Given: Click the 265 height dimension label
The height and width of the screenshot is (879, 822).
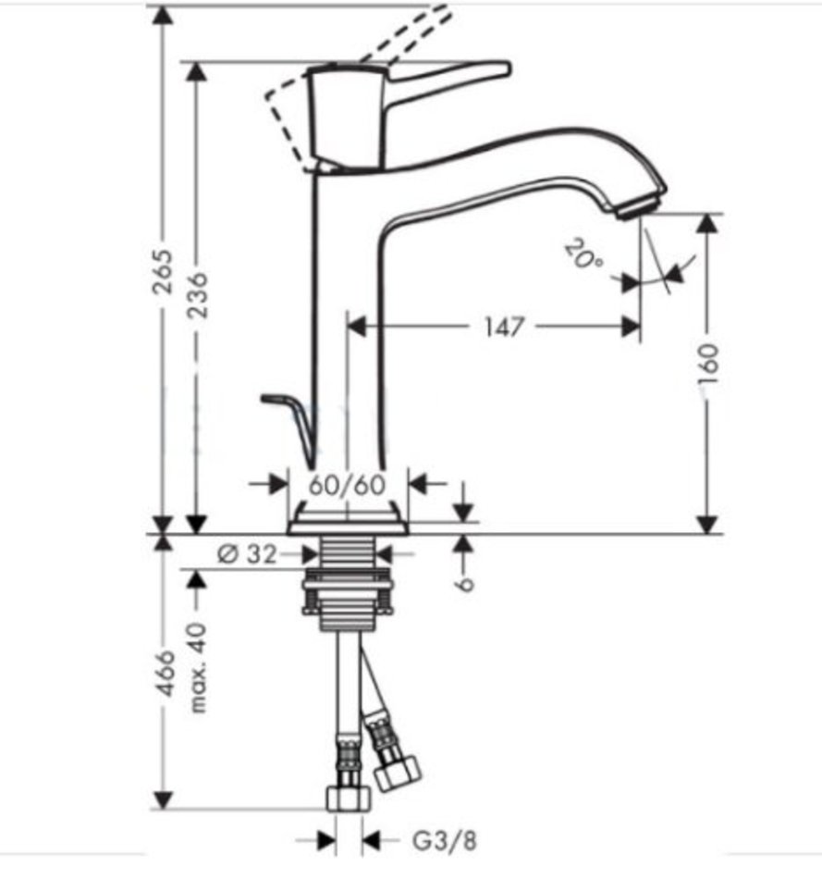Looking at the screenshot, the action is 164,272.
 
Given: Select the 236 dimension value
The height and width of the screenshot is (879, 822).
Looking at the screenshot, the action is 197,295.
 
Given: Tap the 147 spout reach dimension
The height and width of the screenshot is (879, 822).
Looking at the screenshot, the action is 504,327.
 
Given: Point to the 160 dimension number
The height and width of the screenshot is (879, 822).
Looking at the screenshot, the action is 708,364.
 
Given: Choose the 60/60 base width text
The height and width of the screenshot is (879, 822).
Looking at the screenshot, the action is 348,485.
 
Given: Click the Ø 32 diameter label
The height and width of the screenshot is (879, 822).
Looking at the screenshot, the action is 247,554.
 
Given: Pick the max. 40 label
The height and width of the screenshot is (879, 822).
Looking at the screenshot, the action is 197,667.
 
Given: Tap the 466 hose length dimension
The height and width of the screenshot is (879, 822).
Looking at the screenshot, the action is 165,674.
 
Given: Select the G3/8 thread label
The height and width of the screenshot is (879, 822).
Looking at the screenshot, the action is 445,840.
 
